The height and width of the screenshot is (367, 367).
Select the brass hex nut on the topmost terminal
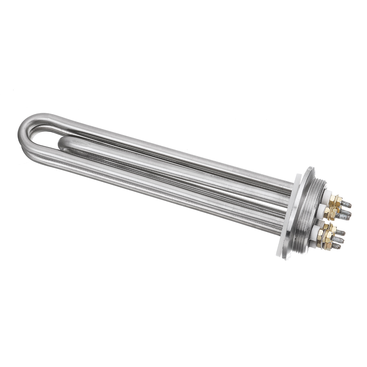[335, 201]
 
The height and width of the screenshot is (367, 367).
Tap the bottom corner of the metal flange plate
[286, 259]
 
